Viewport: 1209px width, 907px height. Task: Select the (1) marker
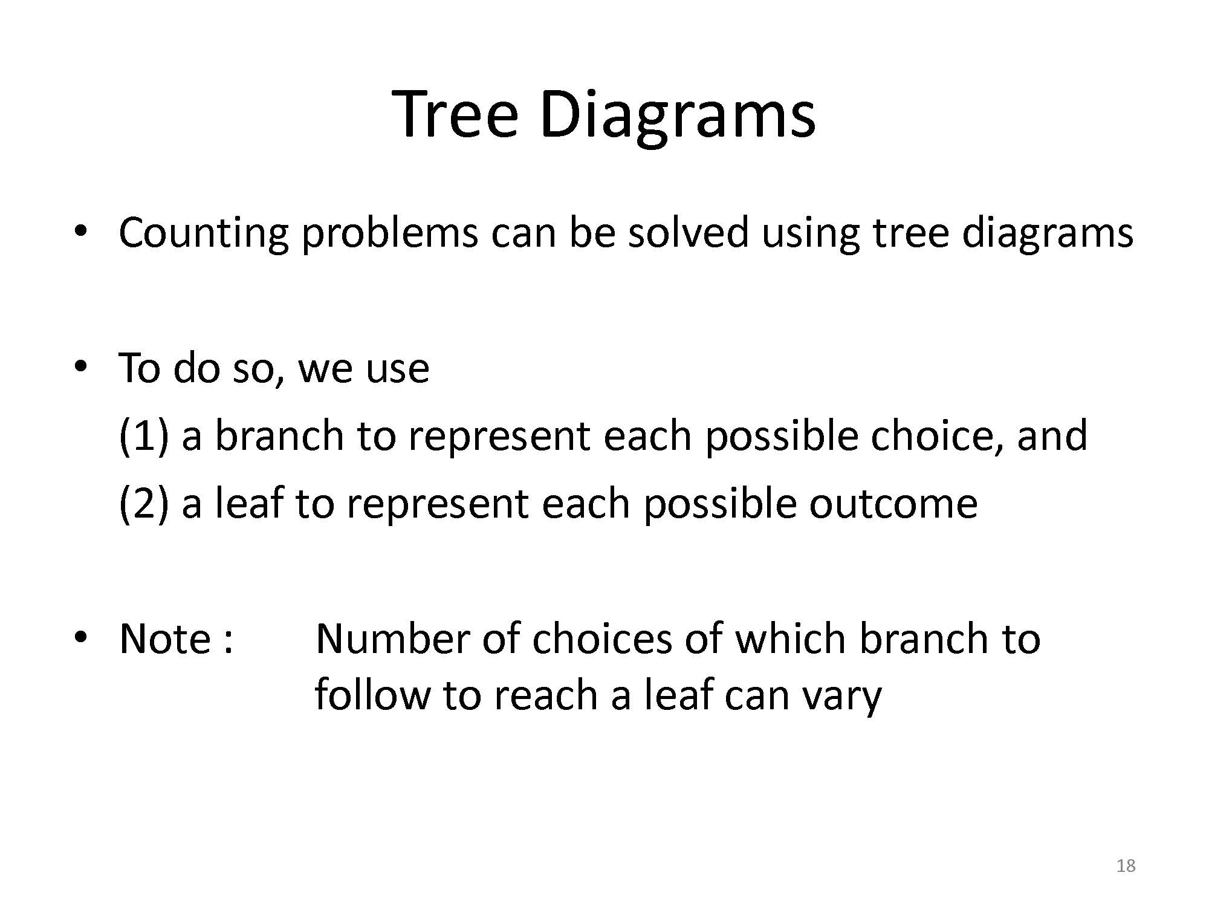[x=143, y=436]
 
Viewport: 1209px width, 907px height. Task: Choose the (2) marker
[x=143, y=504]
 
